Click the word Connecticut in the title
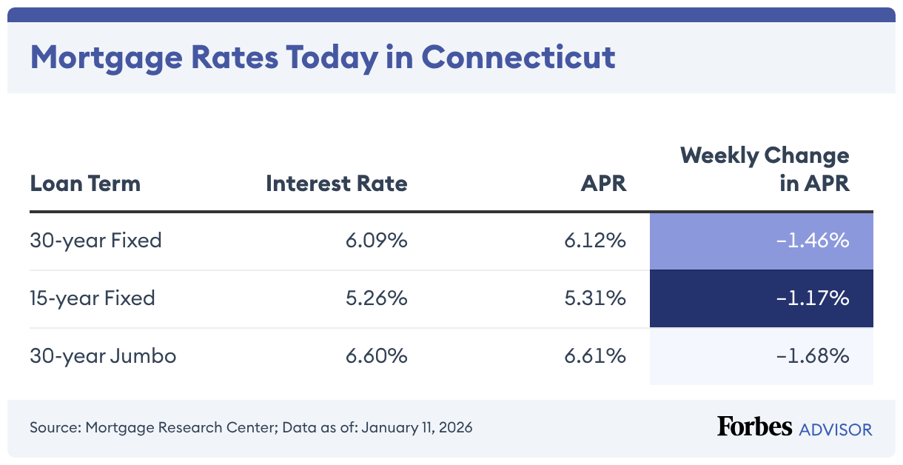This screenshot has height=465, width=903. tap(518, 57)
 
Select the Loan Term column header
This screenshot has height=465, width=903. tap(85, 183)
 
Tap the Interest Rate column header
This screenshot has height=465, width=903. tap(336, 183)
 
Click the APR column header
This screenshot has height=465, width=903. tap(603, 183)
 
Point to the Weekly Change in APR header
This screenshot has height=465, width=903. tap(765, 170)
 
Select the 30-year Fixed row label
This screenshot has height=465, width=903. tap(95, 241)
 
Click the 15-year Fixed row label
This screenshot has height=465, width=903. tap(93, 298)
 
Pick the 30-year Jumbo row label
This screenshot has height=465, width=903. tap(103, 356)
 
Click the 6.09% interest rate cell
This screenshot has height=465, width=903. tap(376, 241)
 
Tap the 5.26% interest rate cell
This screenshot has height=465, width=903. tap(376, 298)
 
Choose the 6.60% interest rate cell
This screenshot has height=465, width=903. tap(376, 356)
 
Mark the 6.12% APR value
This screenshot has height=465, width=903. tap(595, 241)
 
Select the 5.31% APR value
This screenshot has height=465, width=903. tap(595, 298)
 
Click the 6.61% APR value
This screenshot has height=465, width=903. tap(595, 356)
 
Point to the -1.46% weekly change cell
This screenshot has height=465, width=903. tap(812, 241)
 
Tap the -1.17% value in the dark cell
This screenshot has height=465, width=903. tap(812, 298)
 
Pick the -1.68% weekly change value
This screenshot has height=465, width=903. tap(812, 356)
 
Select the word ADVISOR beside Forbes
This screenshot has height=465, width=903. tap(835, 429)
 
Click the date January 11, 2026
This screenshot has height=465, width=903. tap(416, 428)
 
